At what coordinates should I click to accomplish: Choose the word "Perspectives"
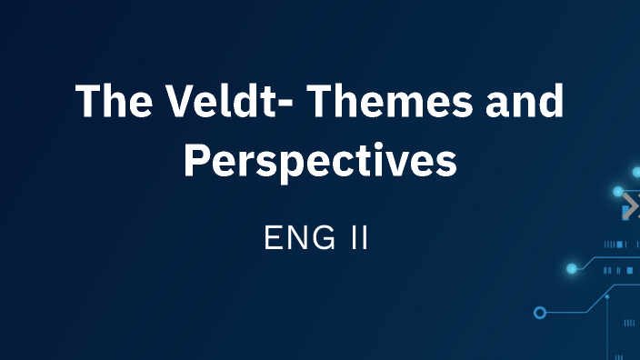[x=320, y=160]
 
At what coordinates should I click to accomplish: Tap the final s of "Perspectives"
[x=445, y=164]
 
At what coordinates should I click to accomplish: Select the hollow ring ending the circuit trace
[x=540, y=313]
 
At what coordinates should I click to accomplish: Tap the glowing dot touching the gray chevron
[x=618, y=192]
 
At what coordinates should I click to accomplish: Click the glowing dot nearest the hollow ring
[x=572, y=268]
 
